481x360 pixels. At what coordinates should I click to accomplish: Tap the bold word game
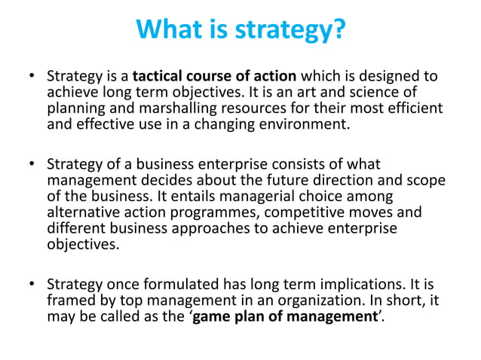(214, 316)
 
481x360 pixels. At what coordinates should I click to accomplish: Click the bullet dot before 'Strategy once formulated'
(32, 285)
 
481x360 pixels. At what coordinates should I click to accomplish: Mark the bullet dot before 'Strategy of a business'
(32, 163)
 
